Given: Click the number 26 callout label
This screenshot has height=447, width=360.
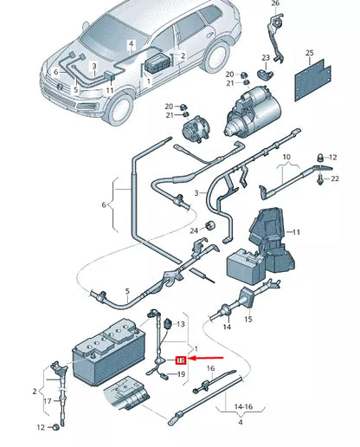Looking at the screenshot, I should click(276, 4).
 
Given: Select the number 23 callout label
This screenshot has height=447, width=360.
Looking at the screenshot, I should click(267, 58).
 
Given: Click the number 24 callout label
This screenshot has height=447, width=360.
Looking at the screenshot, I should click(195, 229).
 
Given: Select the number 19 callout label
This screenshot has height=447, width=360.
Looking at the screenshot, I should click(181, 374).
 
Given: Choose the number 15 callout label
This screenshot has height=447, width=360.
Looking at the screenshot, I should click(249, 319).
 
